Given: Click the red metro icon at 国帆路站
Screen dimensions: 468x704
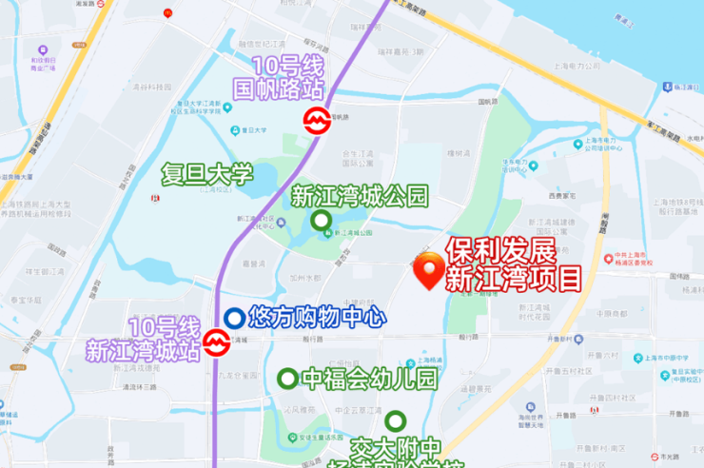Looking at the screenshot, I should pyautogui.click(x=315, y=121).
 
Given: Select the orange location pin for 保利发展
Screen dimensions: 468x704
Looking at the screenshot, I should pyautogui.click(x=430, y=271).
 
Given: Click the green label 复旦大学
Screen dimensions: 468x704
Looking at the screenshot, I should pyautogui.click(x=207, y=174).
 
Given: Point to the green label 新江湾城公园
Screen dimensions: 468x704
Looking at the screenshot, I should pyautogui.click(x=360, y=197).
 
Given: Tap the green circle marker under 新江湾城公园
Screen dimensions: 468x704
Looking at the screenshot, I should pyautogui.click(x=323, y=223).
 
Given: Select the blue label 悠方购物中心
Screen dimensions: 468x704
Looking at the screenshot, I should pyautogui.click(x=316, y=315).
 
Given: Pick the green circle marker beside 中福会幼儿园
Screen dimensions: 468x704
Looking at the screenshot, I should pyautogui.click(x=286, y=379).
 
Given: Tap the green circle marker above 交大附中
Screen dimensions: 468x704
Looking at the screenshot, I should pyautogui.click(x=395, y=420).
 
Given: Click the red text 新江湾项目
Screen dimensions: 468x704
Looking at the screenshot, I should pyautogui.click(x=514, y=279).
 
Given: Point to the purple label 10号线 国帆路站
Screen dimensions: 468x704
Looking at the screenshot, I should pyautogui.click(x=288, y=80).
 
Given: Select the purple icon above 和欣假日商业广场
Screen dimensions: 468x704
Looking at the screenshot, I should pyautogui.click(x=41, y=49).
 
